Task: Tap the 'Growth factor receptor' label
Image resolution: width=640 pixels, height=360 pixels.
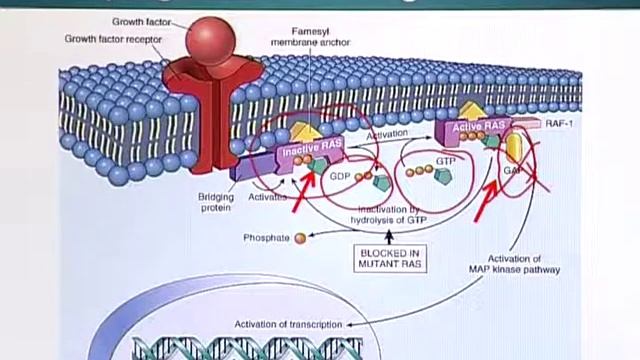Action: tap(113, 40)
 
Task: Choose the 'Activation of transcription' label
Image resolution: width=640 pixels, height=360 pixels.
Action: tap(288, 324)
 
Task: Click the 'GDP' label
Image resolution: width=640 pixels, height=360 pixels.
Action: tap(340, 174)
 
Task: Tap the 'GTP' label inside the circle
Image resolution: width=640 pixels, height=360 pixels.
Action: tap(445, 160)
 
